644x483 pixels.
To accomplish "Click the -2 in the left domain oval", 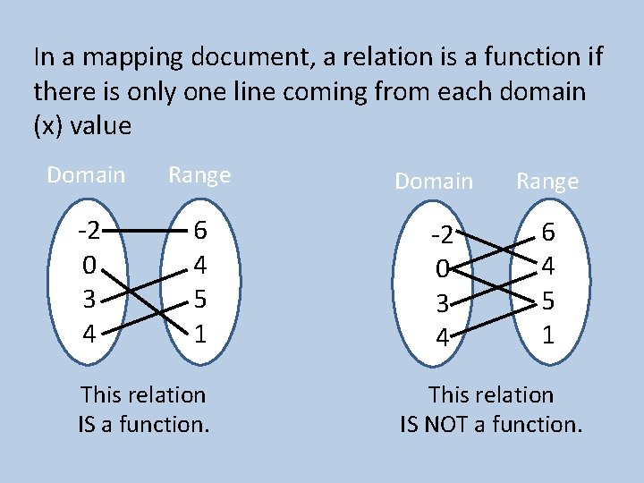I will pyautogui.click(x=89, y=232).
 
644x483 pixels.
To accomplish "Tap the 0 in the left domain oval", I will pyautogui.click(x=89, y=266).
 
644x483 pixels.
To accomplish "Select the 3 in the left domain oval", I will pyautogui.click(x=89, y=300).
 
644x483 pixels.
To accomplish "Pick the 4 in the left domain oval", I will pyautogui.click(x=89, y=334).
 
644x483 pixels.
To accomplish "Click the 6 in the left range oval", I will pyautogui.click(x=201, y=232).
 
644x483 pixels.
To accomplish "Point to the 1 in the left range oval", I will pyautogui.click(x=201, y=334).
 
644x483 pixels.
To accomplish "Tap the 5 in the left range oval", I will pyautogui.click(x=201, y=300).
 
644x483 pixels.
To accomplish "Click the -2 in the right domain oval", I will pyautogui.click(x=441, y=237).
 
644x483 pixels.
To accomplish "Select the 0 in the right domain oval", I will pyautogui.click(x=441, y=270).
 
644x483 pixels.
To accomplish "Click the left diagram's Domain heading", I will pyautogui.click(x=86, y=174).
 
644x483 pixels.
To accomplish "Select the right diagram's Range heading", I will pyautogui.click(x=547, y=182).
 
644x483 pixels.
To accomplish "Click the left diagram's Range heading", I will pyautogui.click(x=199, y=174).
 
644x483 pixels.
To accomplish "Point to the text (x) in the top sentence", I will pyautogui.click(x=48, y=126).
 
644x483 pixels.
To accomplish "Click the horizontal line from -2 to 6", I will pyautogui.click(x=145, y=231).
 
